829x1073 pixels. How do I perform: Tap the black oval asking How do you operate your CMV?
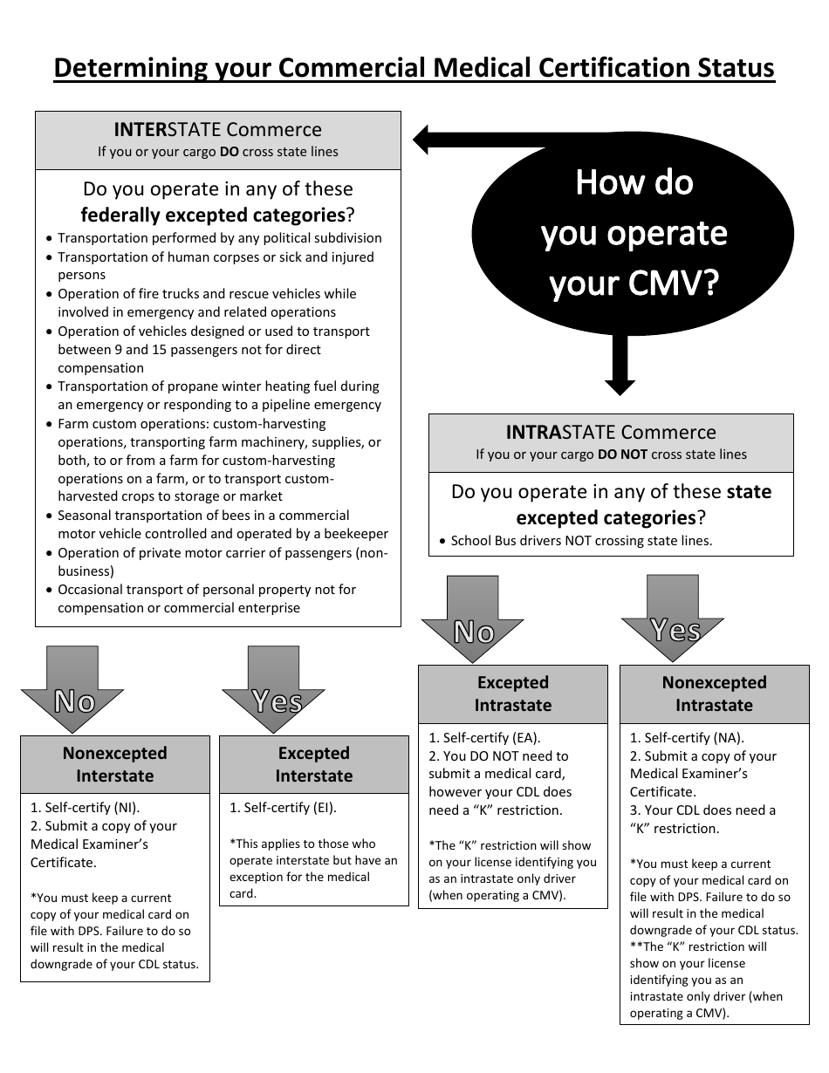tap(634, 233)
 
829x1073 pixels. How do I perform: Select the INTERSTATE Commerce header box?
tap(218, 140)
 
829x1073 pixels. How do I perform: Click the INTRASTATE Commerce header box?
tap(611, 442)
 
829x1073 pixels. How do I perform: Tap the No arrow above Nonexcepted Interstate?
tap(73, 685)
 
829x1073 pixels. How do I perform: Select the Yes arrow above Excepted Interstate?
tap(274, 685)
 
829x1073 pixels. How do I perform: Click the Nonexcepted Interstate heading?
tap(114, 764)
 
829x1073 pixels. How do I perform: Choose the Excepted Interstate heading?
tap(314, 764)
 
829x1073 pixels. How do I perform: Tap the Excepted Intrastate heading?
tap(513, 694)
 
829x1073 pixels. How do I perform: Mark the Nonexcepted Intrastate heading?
tap(714, 694)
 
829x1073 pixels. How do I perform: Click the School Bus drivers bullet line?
tap(581, 541)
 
